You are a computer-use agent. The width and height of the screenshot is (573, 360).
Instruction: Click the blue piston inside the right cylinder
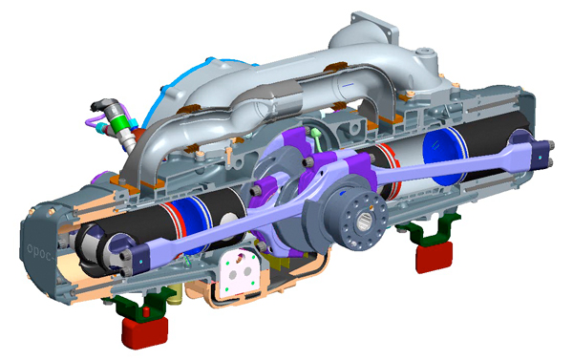coord(441,153)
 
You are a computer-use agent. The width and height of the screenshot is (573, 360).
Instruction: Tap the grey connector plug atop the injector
coord(101,104)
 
